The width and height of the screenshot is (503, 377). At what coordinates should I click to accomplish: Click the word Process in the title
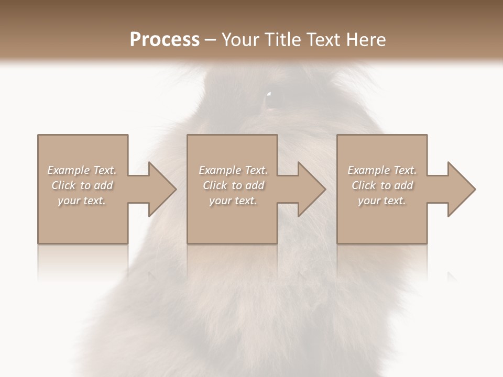(x=165, y=40)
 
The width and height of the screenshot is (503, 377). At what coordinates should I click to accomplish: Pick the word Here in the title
(x=367, y=40)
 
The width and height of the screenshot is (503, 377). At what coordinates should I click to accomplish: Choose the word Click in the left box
(x=64, y=185)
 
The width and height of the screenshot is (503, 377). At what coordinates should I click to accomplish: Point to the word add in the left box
(x=104, y=185)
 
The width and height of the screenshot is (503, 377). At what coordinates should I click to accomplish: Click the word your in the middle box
(x=220, y=201)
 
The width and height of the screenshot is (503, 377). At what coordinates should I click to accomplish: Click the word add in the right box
(x=404, y=185)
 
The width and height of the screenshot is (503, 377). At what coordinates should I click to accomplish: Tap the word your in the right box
(x=369, y=201)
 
